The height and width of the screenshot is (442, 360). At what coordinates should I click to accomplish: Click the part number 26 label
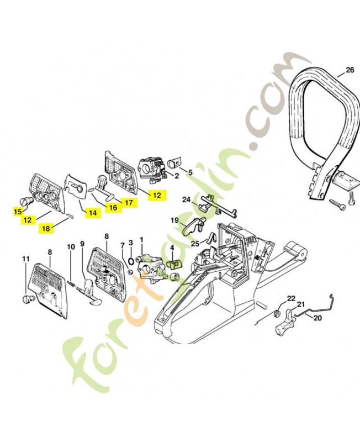(348, 70)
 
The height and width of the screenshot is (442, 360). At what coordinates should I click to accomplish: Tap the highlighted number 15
(18, 211)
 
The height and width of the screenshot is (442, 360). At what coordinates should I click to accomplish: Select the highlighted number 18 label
(45, 228)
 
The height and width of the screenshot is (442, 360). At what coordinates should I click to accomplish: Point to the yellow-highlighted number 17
(128, 203)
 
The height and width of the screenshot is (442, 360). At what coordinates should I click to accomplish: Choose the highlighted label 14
(92, 212)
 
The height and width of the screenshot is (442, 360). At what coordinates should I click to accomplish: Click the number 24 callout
(187, 199)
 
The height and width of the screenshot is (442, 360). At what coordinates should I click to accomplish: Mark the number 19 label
(174, 220)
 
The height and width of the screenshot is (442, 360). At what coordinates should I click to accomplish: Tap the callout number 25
(195, 244)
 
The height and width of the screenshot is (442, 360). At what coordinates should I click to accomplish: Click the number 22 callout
(291, 298)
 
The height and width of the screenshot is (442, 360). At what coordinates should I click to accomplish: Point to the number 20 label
(317, 318)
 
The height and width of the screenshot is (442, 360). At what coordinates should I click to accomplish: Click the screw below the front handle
(338, 203)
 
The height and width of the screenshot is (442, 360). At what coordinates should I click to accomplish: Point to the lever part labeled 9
(89, 291)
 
